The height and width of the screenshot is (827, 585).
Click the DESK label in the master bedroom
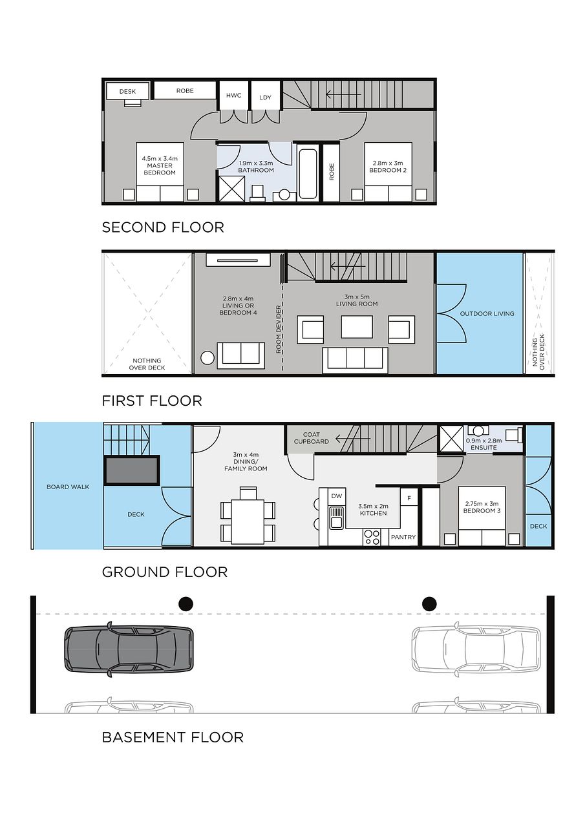pos(127,92)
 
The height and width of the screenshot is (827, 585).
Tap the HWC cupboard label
pos(234,96)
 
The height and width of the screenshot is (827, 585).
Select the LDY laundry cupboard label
pos(265,98)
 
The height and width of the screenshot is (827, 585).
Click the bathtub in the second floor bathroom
pos(308,174)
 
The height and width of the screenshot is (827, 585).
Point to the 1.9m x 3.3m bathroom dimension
pos(256,163)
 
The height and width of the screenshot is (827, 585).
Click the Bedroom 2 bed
pos(388,172)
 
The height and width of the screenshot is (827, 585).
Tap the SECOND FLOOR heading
pos(163,227)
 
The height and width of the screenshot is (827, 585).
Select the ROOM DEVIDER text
pos(279,330)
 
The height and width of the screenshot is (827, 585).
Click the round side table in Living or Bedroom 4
pos(207,358)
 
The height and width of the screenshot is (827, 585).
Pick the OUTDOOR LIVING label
pos(487,314)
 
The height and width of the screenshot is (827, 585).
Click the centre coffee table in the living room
pos(357,327)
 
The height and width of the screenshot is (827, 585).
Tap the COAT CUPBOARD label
pos(312,438)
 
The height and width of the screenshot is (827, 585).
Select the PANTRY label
pos(403,537)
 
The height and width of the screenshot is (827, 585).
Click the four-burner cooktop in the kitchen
pos(372,537)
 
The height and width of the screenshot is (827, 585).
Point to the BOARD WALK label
pos(68,487)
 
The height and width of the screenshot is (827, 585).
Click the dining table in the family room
pos(248,521)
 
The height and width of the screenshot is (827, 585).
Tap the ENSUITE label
pos(484,448)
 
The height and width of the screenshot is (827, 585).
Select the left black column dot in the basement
pos(186,604)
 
